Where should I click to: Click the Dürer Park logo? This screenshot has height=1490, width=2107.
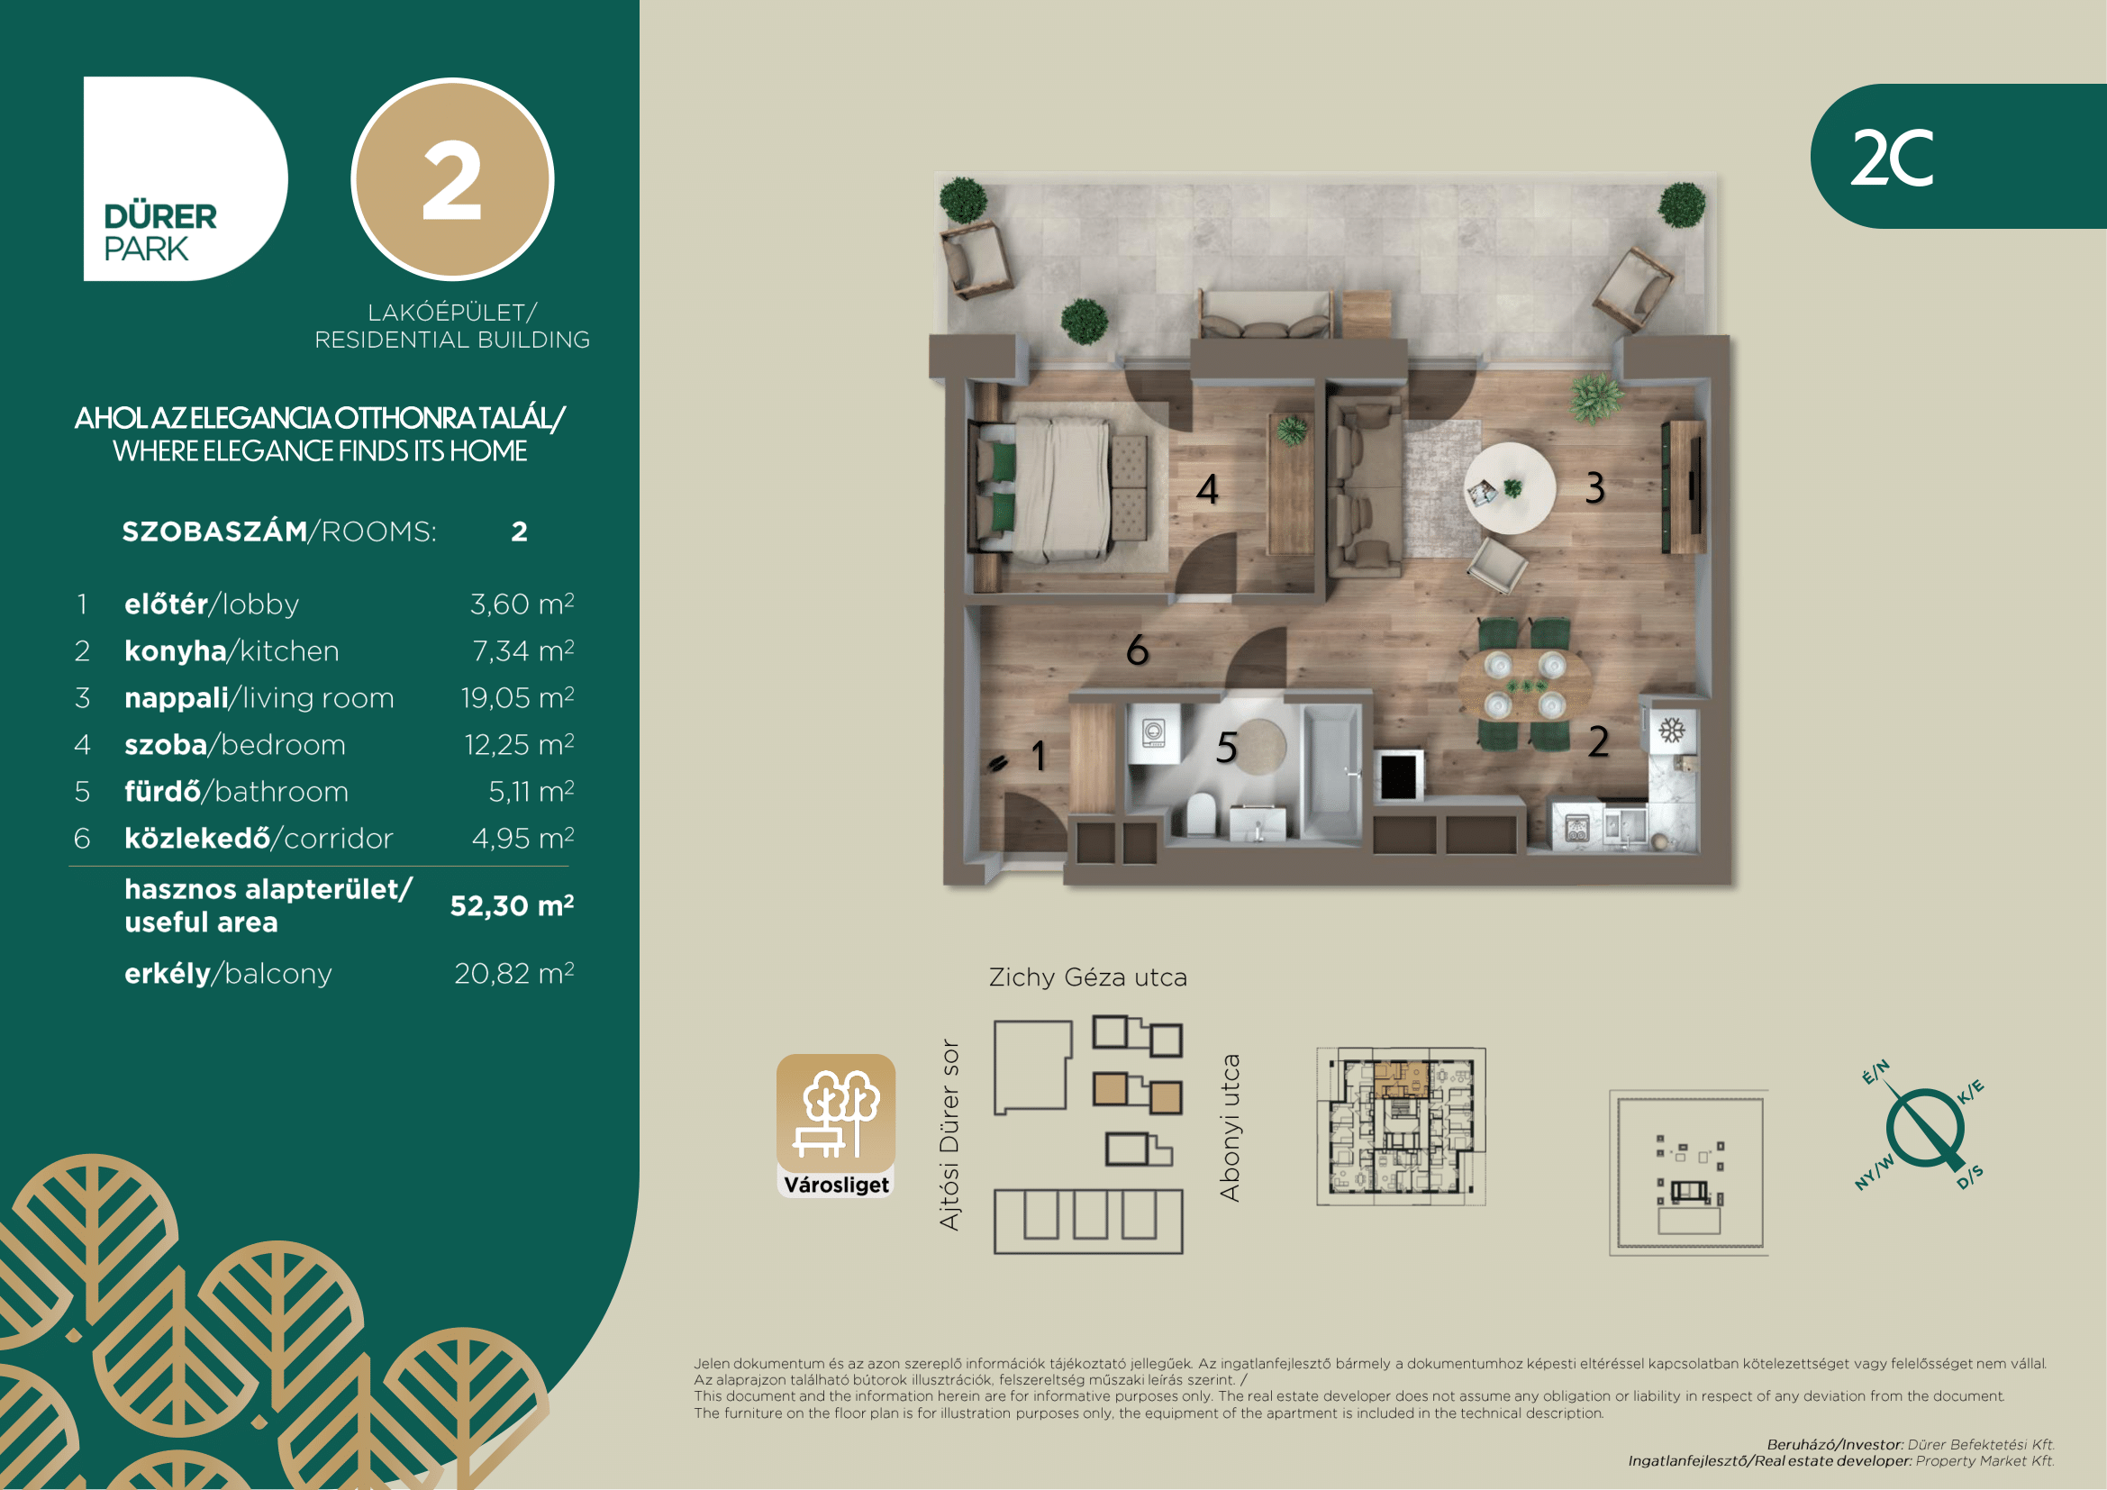coord(186,178)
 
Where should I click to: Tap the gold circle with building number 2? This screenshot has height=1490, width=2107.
coord(452,179)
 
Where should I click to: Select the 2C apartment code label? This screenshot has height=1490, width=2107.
coord(1892,158)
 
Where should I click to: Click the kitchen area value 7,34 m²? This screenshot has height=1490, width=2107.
coord(523,650)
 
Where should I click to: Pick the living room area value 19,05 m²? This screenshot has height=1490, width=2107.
coord(518,697)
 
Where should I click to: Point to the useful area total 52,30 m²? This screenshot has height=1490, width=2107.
coord(512,905)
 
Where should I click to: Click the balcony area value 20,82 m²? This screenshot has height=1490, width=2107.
coord(513,973)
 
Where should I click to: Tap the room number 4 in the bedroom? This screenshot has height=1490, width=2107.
coord(1208,489)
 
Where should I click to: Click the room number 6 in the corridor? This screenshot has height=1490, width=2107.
coord(1137,650)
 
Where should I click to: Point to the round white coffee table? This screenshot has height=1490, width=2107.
coord(1510,488)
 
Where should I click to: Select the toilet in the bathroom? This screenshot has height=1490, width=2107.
coord(1200,813)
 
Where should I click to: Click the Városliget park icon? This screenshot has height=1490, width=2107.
coord(836,1125)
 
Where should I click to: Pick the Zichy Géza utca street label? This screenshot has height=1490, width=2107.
coord(1087,977)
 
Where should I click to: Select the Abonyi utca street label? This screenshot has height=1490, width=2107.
coord(1229,1128)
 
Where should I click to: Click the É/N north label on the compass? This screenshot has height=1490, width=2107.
coord(1875,1072)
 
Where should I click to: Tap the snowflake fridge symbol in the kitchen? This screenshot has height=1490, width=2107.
coord(1672,731)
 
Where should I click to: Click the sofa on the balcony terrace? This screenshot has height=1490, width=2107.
coord(1266,316)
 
